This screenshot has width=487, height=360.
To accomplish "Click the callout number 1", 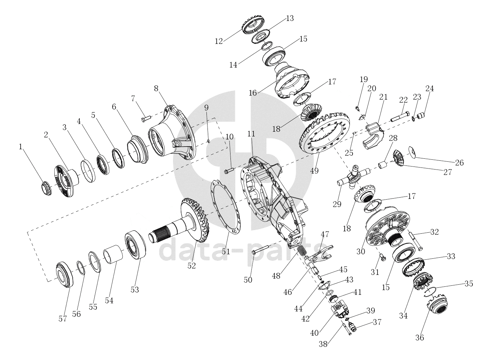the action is pyautogui.click(x=21, y=147).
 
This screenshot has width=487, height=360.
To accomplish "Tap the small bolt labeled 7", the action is pyautogui.click(x=146, y=119).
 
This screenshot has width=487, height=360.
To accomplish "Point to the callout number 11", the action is pyautogui.click(x=251, y=134).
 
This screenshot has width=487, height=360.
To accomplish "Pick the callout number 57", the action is pyautogui.click(x=63, y=318).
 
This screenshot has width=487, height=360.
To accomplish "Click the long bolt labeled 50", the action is pyautogui.click(x=261, y=250).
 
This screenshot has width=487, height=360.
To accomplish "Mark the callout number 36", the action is pyautogui.click(x=420, y=337).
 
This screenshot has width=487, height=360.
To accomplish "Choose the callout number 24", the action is pyautogui.click(x=430, y=88).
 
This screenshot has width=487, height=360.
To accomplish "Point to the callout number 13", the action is pyautogui.click(x=290, y=18).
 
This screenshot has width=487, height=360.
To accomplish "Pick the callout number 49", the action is pyautogui.click(x=314, y=171).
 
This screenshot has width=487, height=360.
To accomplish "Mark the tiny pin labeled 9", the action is pyautogui.click(x=209, y=140).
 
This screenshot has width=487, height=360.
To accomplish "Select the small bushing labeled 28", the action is pyautogui.click(x=383, y=165).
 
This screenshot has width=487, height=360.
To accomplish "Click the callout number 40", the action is pyautogui.click(x=314, y=333).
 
